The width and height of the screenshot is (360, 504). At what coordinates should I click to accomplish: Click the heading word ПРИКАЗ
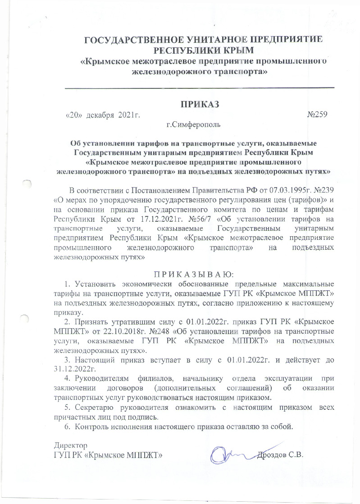200,105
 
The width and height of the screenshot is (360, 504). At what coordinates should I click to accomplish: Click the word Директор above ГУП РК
68,446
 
